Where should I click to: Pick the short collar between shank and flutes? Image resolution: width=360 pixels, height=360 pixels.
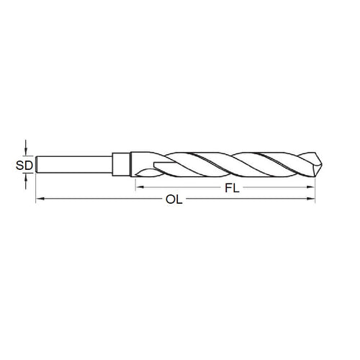(x=122, y=164)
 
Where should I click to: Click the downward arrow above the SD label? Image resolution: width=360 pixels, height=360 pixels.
(x=25, y=148)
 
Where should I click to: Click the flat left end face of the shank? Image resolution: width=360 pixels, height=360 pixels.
(x=36, y=164)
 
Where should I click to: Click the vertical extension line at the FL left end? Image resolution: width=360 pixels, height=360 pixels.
(x=135, y=183)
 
